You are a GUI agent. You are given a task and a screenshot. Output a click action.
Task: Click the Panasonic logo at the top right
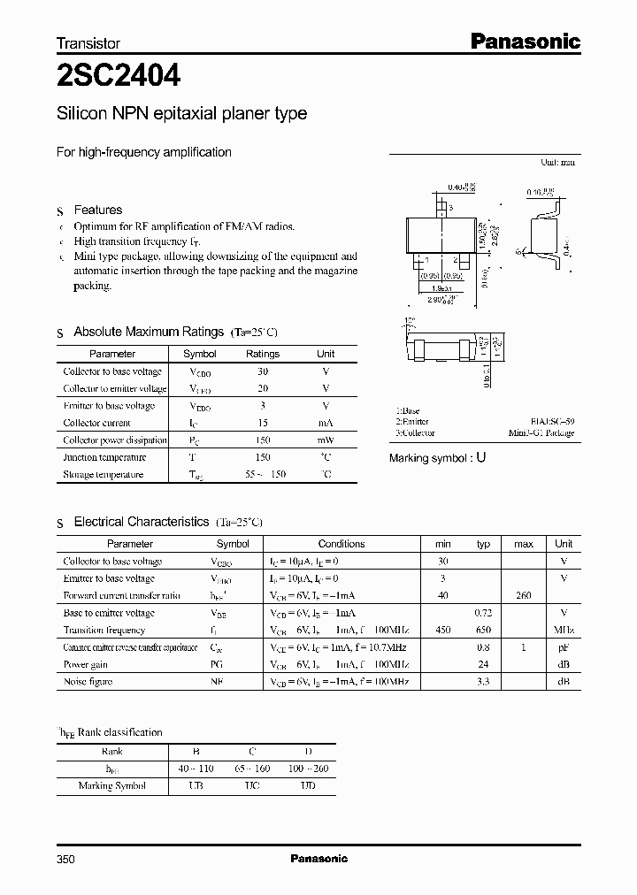524,41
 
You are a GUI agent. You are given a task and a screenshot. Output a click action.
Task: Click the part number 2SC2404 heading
119,78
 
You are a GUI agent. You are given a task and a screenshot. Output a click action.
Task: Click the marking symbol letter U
481,458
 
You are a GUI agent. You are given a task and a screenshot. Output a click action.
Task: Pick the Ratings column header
262,354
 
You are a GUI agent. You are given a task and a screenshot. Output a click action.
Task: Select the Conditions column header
341,544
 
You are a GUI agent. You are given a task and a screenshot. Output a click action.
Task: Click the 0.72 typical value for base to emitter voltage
483,613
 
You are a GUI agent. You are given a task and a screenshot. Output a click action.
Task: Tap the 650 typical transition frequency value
483,630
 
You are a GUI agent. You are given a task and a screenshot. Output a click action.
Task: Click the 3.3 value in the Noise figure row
483,682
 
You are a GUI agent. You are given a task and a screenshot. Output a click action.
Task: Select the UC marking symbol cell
252,785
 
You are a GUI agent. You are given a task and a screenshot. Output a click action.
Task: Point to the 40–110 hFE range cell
196,769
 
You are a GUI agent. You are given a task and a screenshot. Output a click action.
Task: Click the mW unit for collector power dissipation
326,440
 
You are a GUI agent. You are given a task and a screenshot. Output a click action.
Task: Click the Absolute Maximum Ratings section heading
149,332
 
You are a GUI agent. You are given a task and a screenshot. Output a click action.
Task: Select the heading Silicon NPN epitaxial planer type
181,113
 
